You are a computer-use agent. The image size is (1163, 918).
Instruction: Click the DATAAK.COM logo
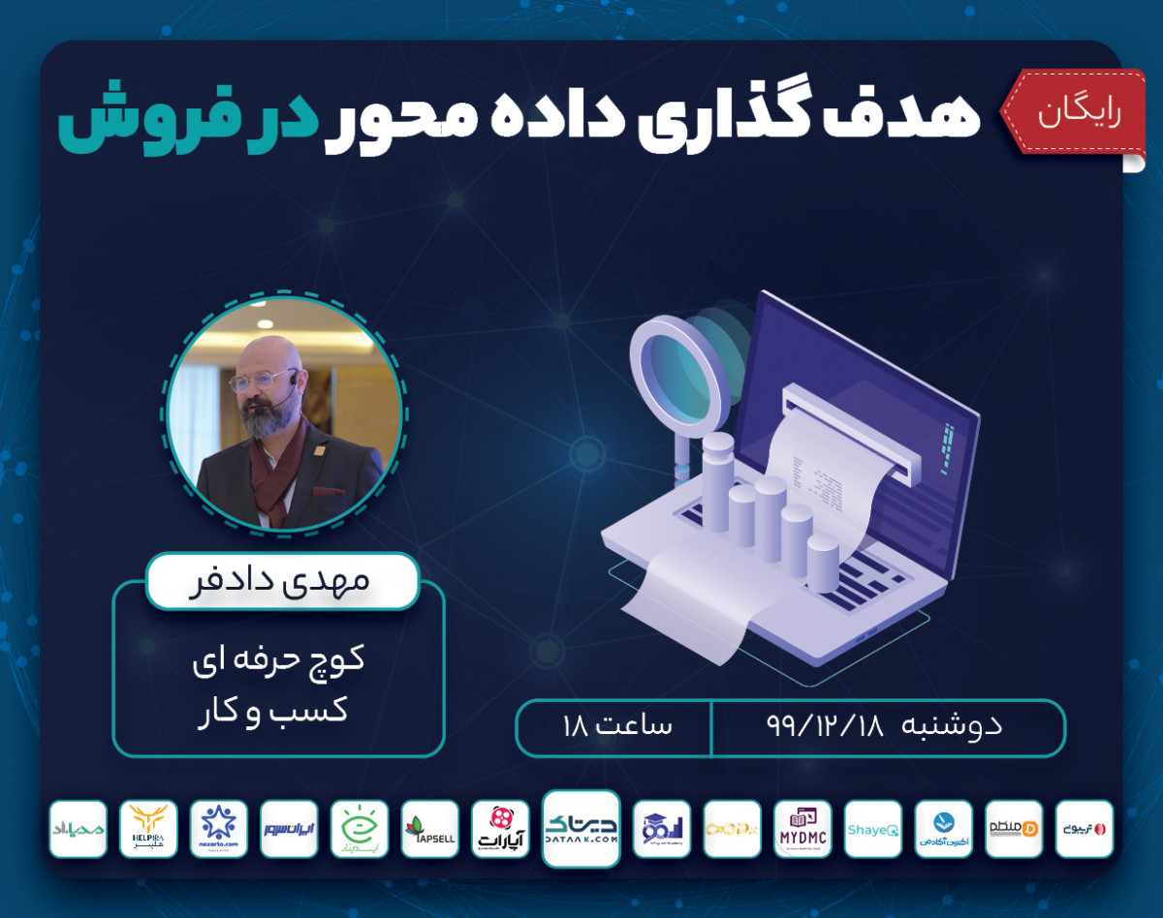581,829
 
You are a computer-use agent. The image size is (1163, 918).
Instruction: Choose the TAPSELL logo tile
429,829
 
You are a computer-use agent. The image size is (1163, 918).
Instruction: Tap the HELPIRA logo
149,829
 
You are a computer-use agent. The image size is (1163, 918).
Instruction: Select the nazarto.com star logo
219,829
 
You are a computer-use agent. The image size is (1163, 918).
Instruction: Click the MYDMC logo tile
802,829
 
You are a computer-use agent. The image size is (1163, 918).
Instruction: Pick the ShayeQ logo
872,829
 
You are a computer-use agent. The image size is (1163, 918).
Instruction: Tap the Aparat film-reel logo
500,829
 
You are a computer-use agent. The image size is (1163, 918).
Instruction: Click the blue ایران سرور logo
289,829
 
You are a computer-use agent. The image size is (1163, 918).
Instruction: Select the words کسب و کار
278,710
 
